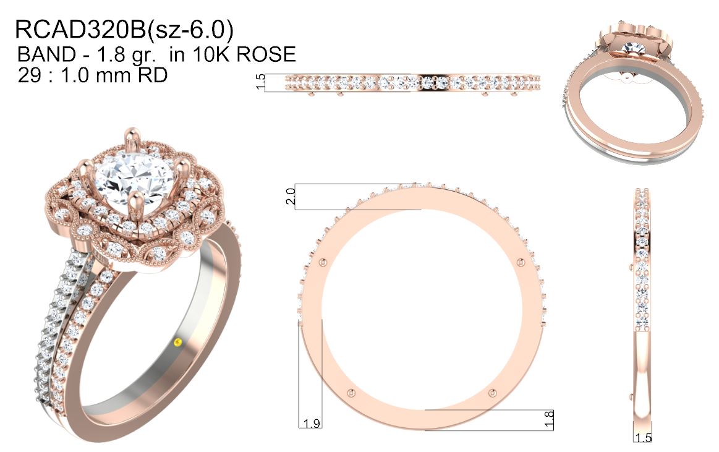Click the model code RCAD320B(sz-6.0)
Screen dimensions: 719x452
click(x=124, y=30)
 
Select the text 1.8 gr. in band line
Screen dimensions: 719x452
click(x=125, y=55)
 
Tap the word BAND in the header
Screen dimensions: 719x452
click(x=46, y=54)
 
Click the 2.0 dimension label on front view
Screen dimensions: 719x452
click(x=291, y=197)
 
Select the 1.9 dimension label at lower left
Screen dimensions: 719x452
click(x=311, y=423)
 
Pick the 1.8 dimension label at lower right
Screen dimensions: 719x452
click(x=548, y=419)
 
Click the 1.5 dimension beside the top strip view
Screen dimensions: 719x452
click(x=260, y=82)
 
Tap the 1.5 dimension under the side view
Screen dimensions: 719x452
click(x=643, y=437)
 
